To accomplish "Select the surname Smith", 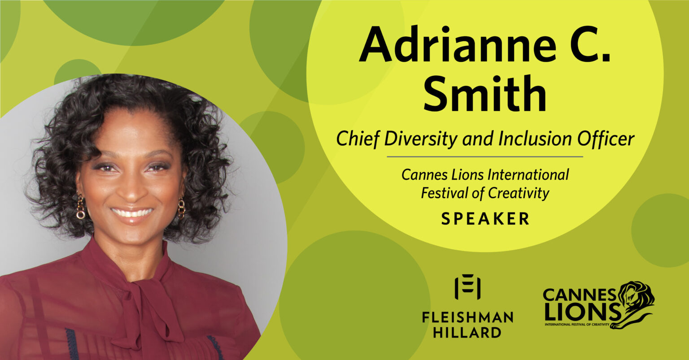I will click(x=485, y=95).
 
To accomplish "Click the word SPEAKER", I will click(x=485, y=219).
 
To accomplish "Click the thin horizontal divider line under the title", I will click(x=485, y=157).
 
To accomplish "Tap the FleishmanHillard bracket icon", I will click(x=467, y=287).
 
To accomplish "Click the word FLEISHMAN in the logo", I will click(x=467, y=317).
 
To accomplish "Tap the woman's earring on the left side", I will click(x=81, y=206).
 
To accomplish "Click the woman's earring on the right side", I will click(x=181, y=208).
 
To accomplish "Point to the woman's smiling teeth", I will click(x=132, y=212).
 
